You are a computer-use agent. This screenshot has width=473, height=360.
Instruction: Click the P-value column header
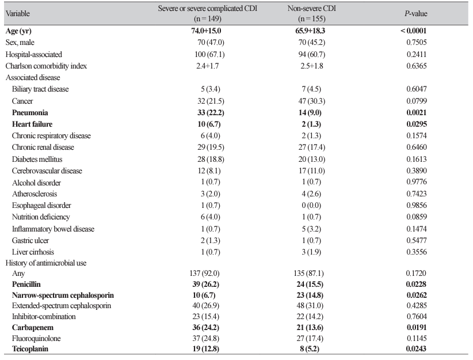click(x=416, y=14)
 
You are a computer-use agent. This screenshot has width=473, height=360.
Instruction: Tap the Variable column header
click(x=17, y=14)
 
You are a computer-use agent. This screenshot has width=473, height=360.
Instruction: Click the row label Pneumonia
click(x=30, y=113)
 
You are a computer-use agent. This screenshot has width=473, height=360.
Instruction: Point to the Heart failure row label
click(x=32, y=124)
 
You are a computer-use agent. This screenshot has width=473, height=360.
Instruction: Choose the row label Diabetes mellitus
click(x=37, y=159)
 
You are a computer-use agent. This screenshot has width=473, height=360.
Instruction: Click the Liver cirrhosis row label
click(x=33, y=252)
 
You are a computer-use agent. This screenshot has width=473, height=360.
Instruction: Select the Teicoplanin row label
click(x=30, y=349)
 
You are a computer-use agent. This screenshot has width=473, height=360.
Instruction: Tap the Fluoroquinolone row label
click(x=36, y=338)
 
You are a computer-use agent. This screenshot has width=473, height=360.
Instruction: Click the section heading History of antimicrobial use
click(x=46, y=263)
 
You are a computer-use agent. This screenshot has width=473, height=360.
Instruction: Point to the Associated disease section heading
click(x=33, y=78)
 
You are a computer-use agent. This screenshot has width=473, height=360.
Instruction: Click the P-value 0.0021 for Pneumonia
click(x=416, y=113)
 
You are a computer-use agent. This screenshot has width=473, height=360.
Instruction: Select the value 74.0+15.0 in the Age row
click(x=206, y=31)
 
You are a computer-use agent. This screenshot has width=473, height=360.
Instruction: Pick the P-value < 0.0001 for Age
click(x=413, y=31)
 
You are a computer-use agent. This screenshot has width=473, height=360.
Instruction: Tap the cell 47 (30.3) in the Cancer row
click(x=312, y=101)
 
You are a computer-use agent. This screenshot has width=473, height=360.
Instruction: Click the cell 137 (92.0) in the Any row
click(x=204, y=274)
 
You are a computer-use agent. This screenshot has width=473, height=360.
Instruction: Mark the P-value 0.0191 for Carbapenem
click(x=416, y=327)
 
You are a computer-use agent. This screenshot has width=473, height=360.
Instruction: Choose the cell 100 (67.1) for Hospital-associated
click(x=209, y=54)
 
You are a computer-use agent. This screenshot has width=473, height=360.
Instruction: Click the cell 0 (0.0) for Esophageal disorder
click(x=311, y=206)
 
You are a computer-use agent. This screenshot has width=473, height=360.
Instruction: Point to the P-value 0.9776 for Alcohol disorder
click(x=416, y=182)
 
